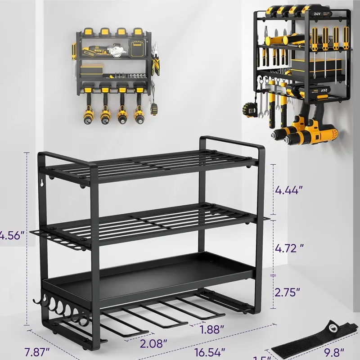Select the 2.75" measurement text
click(288, 292)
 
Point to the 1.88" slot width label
click(212, 329)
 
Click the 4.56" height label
click(12, 235)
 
